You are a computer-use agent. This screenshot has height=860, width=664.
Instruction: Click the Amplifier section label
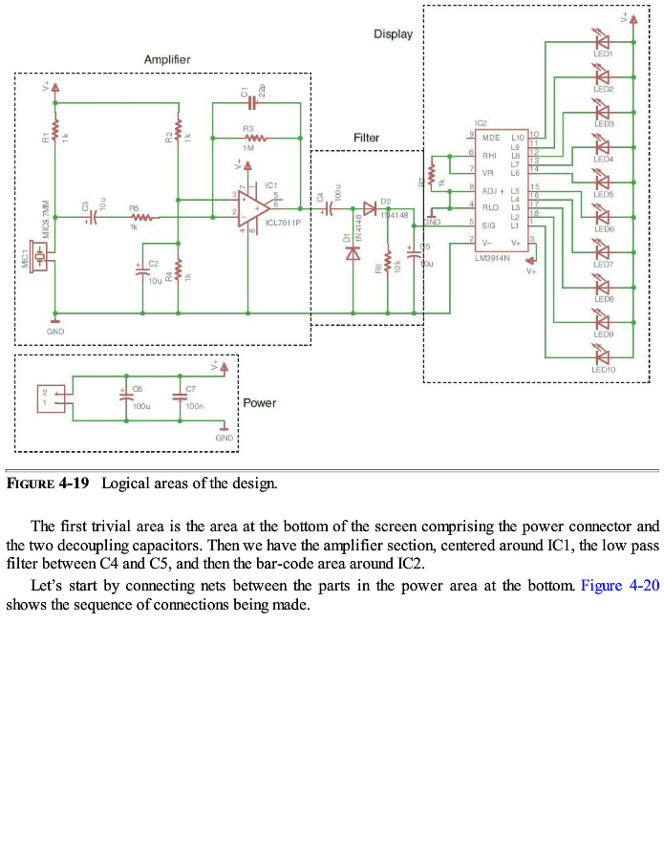(167, 60)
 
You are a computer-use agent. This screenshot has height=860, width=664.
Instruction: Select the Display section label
(393, 34)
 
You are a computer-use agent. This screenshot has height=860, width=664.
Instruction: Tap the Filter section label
(366, 138)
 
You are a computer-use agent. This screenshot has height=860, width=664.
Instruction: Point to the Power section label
(259, 403)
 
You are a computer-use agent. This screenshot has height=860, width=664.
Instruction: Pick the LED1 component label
(603, 54)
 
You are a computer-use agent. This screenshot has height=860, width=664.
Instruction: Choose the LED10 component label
(604, 369)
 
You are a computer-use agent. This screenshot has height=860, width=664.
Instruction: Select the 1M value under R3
(248, 148)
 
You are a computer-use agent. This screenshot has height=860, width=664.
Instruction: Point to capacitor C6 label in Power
(137, 389)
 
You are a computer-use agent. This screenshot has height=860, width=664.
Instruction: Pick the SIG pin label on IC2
(488, 225)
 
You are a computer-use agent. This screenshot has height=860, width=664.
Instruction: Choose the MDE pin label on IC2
(491, 139)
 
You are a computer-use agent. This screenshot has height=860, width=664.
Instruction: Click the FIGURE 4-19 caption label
(48, 484)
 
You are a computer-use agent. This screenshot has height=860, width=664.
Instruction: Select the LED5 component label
(604, 194)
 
